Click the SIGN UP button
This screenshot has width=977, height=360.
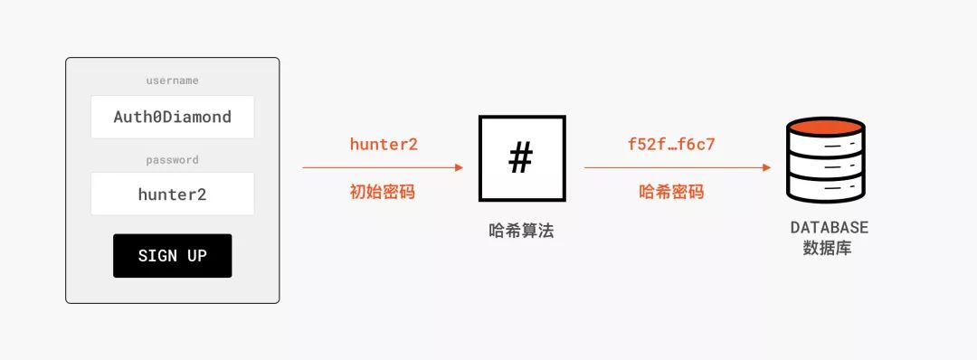click(172, 256)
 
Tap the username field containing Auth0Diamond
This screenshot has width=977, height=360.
click(172, 117)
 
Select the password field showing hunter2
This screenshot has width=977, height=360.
click(172, 194)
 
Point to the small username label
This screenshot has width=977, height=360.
click(172, 81)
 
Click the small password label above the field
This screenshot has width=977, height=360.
click(172, 160)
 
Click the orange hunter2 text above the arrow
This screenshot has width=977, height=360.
click(384, 144)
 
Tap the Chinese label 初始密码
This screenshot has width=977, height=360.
click(383, 192)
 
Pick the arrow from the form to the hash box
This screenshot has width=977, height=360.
click(380, 167)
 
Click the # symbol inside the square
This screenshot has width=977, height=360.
click(520, 158)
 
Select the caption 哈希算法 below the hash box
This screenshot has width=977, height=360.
click(520, 231)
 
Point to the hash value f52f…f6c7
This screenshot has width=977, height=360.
click(671, 144)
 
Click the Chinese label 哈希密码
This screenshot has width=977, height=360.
click(671, 192)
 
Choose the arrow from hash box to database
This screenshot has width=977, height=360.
click(674, 167)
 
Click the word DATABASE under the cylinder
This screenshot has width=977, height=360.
click(829, 227)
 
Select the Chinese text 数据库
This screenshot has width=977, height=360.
click(827, 247)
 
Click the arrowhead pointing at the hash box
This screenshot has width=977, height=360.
click(459, 167)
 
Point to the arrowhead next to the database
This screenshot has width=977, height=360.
click(766, 167)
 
